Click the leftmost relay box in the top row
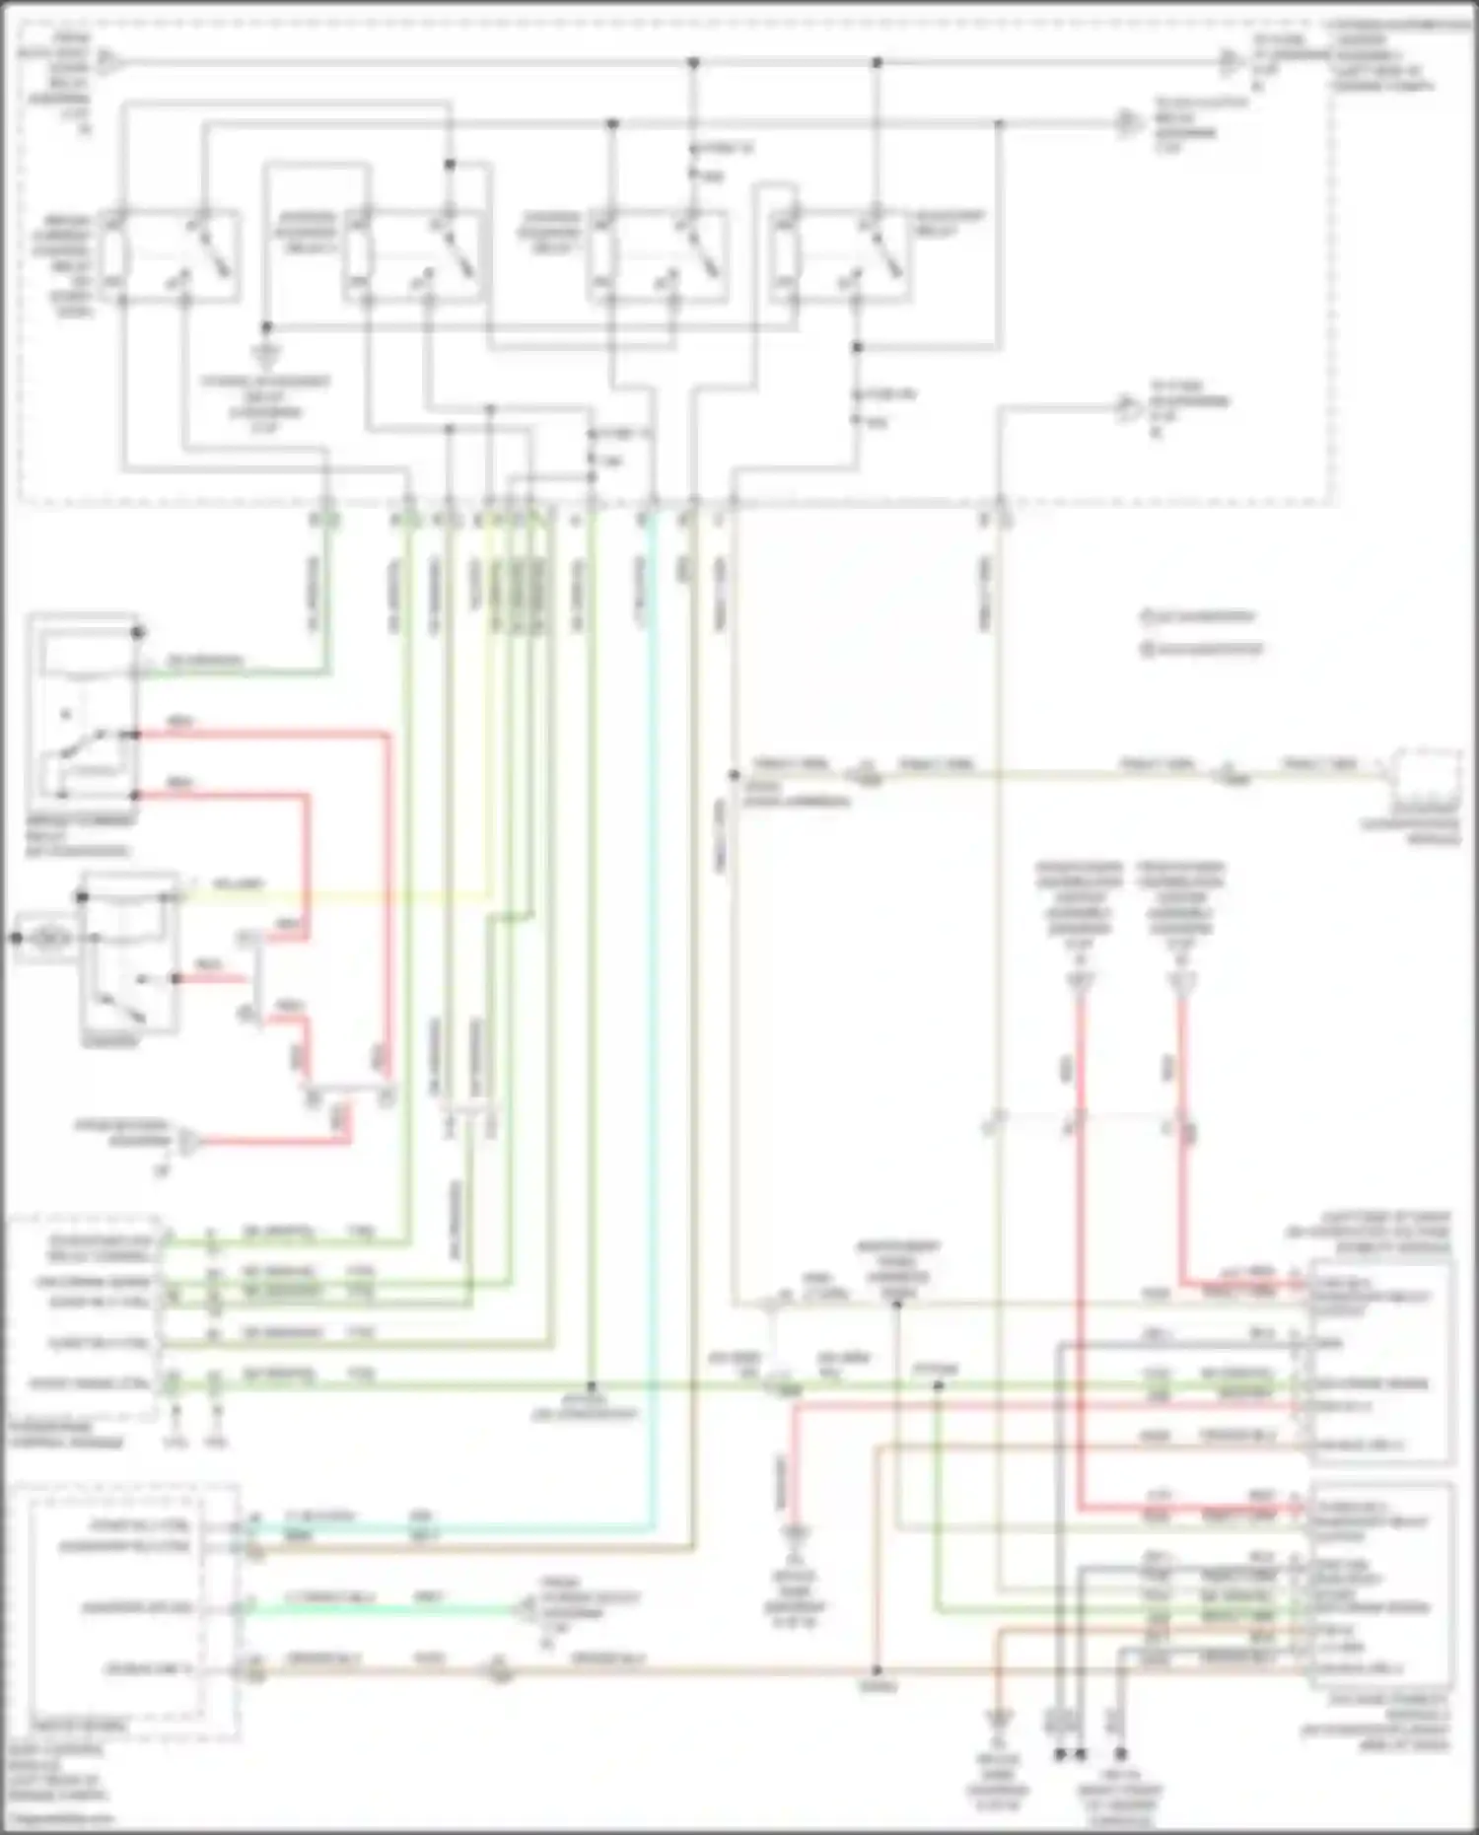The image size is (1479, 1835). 173,254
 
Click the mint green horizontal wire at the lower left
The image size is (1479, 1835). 385,1609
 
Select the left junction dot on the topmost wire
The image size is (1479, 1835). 693,63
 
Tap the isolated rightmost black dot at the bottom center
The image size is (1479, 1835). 1120,1754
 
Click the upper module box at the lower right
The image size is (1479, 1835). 1380,1362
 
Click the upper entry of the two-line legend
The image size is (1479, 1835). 1198,617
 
